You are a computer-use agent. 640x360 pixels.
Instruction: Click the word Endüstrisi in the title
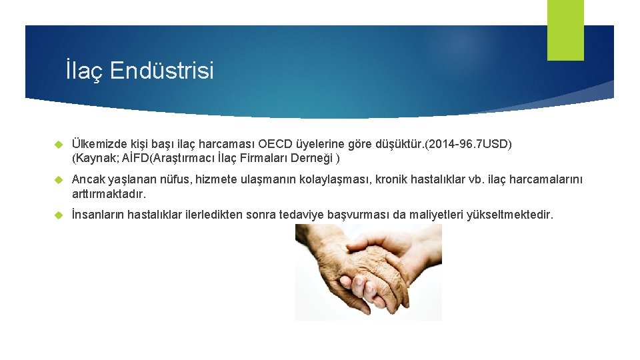pyautogui.click(x=162, y=70)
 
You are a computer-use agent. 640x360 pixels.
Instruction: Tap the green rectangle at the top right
pyautogui.click(x=565, y=29)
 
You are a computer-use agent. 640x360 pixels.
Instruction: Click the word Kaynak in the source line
pyautogui.click(x=93, y=159)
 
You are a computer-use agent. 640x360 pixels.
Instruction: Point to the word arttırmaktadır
pyautogui.click(x=108, y=194)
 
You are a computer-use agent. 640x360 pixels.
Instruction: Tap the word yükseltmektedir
pyautogui.click(x=513, y=215)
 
